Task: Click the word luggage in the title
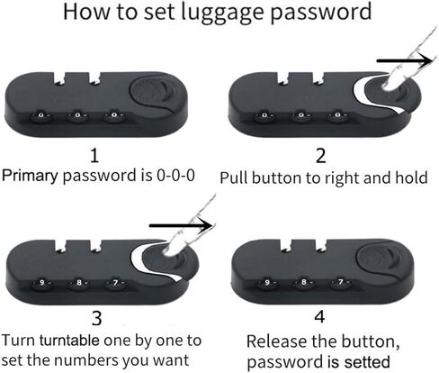click(x=223, y=13)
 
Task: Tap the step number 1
click(x=94, y=155)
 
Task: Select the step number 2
click(x=320, y=156)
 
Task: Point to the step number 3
click(x=96, y=319)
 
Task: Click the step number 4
click(x=319, y=316)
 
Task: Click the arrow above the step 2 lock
click(x=405, y=60)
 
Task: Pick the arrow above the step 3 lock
click(x=181, y=225)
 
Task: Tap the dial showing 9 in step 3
click(x=42, y=283)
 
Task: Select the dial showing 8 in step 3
click(x=79, y=283)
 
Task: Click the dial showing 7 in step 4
click(x=341, y=282)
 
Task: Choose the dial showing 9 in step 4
click(x=267, y=282)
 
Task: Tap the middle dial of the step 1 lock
click(x=77, y=115)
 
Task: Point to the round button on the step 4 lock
click(x=379, y=258)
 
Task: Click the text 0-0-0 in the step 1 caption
click(x=175, y=175)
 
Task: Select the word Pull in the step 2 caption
click(x=234, y=177)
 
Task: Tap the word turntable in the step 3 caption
click(x=69, y=341)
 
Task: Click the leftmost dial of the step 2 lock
click(x=264, y=115)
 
